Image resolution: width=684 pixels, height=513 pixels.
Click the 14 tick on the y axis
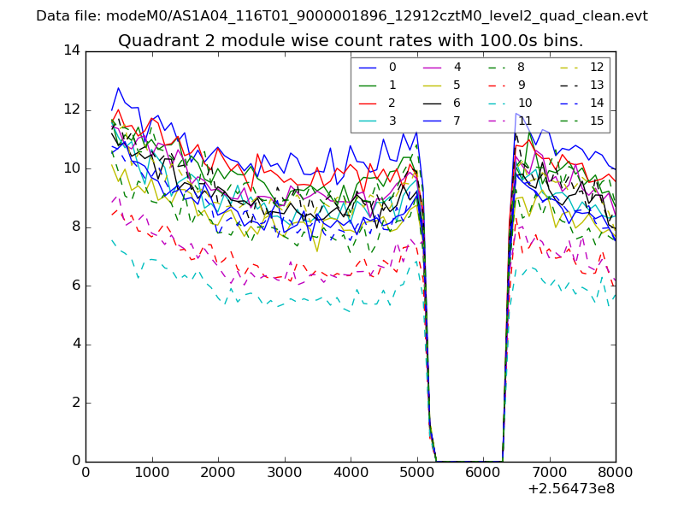[x=72, y=50]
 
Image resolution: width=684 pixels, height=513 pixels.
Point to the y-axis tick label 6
[x=76, y=286]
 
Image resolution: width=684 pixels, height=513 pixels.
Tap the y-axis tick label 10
[x=72, y=168]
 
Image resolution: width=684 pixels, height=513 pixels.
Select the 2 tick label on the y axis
[x=76, y=403]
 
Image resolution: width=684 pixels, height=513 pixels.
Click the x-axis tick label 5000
[x=416, y=471]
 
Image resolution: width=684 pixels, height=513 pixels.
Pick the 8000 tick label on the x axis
[x=616, y=471]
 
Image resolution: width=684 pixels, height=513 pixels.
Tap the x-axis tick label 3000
[x=284, y=471]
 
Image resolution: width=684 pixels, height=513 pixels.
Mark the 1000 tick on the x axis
[x=151, y=471]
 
